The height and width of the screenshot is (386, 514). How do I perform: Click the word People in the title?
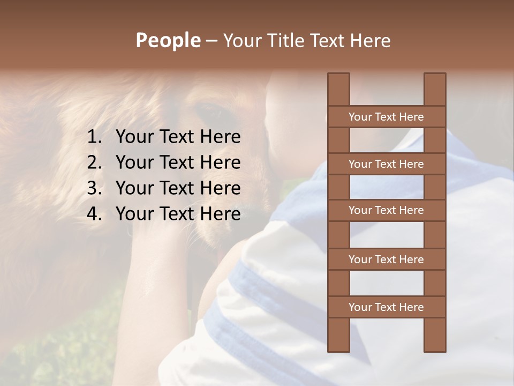pos(168,40)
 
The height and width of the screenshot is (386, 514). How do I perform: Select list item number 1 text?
pos(178,137)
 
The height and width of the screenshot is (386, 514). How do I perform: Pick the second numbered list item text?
pos(178,162)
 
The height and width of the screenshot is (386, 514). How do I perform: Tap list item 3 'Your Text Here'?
pos(178,188)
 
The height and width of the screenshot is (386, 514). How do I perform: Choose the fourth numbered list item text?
pos(178,214)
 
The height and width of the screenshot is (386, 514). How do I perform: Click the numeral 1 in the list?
pos(94,137)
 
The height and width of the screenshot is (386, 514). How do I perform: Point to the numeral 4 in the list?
pos(94,214)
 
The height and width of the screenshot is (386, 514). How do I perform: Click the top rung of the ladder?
pos(386,117)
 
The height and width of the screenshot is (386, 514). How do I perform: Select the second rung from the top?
pos(386,164)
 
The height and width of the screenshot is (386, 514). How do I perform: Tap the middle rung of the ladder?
pos(386,210)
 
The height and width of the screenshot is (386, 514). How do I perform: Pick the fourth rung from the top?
pos(386,259)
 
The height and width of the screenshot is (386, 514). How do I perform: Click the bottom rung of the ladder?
pos(386,307)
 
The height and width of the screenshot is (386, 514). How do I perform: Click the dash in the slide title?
pos(211,41)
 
